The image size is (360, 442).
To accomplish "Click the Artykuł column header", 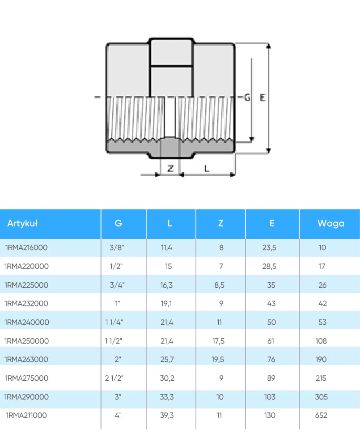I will pos(22,223).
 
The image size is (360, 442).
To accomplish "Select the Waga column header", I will pos(331,223).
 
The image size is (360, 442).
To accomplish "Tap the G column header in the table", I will pos(119,223).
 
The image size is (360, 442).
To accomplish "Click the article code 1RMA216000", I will pos(26,247).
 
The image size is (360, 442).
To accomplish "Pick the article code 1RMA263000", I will pos(26,359).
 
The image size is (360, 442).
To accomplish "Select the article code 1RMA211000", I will pos(26,415).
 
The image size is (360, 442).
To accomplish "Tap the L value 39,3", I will pos(167,415).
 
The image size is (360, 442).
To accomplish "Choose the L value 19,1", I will pos(167,303).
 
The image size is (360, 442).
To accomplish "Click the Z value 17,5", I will pos(219,341).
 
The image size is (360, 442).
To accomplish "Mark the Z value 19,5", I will pos(219,359).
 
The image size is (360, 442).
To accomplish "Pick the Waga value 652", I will pos(321,415).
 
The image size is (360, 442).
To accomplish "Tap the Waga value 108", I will pos(321,341).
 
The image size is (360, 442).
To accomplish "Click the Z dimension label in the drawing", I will pos(170,168).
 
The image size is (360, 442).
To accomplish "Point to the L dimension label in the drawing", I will pos(206,168).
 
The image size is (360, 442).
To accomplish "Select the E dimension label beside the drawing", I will pos(263,97).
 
